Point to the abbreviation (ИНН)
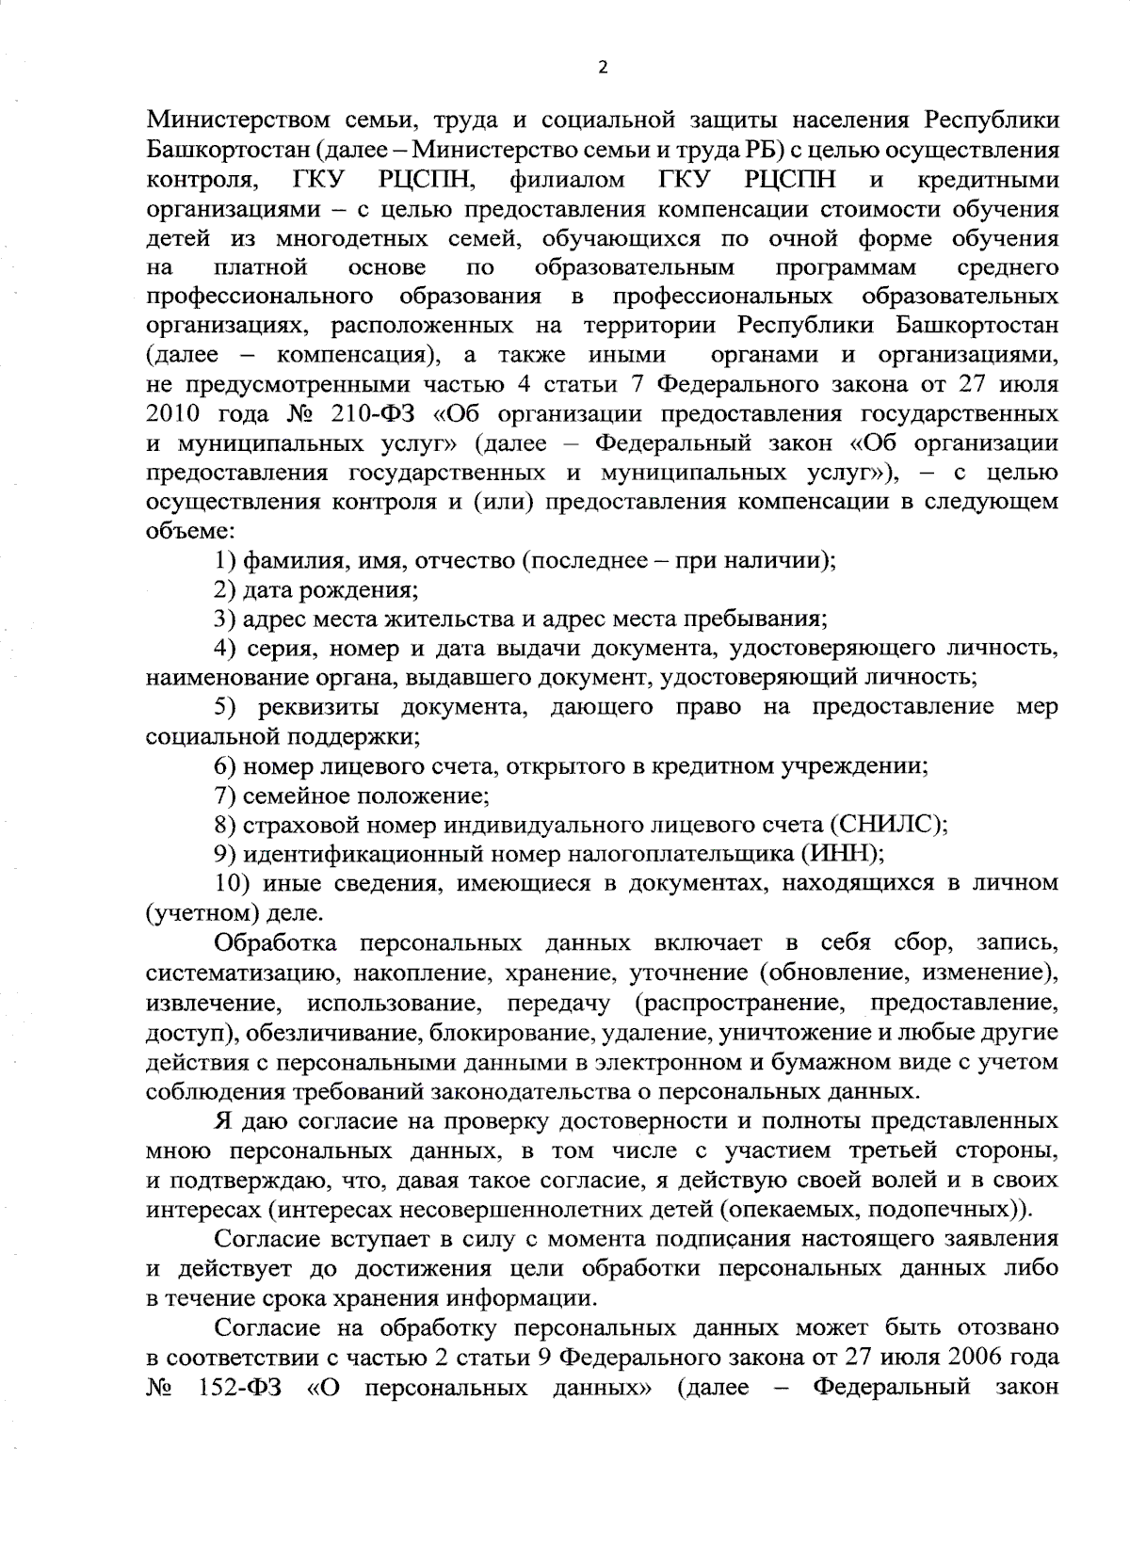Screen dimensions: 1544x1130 (840, 855)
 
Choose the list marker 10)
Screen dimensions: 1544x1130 (232, 884)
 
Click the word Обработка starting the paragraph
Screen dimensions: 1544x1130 (274, 943)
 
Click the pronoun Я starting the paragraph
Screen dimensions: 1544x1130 (223, 1121)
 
